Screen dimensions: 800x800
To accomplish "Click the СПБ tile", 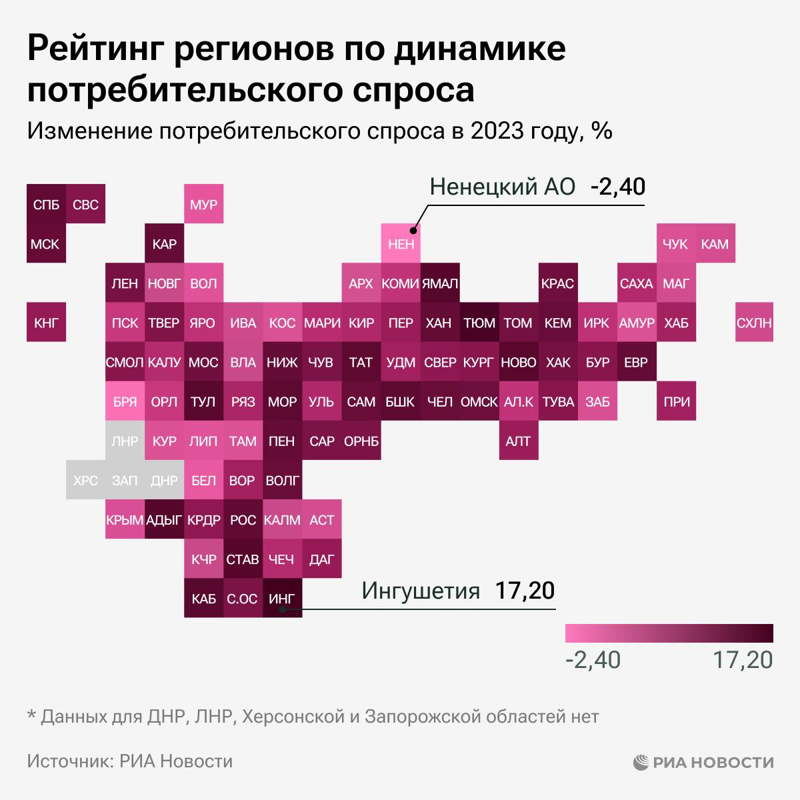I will [46, 204].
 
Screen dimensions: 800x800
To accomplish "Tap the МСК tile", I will [46, 244].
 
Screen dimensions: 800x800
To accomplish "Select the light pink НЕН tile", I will [401, 244].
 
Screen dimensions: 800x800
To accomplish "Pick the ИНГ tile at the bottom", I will [282, 599].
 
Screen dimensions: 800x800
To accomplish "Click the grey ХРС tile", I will [85, 480].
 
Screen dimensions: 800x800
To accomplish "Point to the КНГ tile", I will [46, 323].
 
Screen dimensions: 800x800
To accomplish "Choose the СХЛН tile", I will [754, 323].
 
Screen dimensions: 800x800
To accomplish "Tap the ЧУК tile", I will [675, 244].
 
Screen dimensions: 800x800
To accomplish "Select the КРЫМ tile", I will [125, 520].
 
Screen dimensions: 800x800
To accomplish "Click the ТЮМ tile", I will [479, 323].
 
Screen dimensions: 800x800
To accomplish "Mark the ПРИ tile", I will [675, 402].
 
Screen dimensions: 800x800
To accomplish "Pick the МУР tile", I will [203, 204].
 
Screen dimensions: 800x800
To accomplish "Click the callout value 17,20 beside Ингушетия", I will [525, 591].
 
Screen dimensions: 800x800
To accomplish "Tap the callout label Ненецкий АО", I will [502, 187].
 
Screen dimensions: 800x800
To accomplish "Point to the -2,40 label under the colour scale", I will [593, 660].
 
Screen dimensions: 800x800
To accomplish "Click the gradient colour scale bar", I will [669, 633].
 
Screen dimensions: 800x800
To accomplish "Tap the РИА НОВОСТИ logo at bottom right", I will [703, 761].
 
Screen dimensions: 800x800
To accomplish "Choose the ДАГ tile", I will [321, 559].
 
